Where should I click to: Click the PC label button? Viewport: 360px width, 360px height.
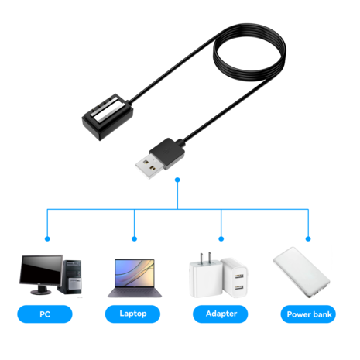click(44, 314)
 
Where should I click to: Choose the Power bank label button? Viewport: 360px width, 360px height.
click(309, 314)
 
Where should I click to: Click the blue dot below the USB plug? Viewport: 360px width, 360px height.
click(178, 180)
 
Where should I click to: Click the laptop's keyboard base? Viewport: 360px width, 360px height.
click(134, 294)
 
